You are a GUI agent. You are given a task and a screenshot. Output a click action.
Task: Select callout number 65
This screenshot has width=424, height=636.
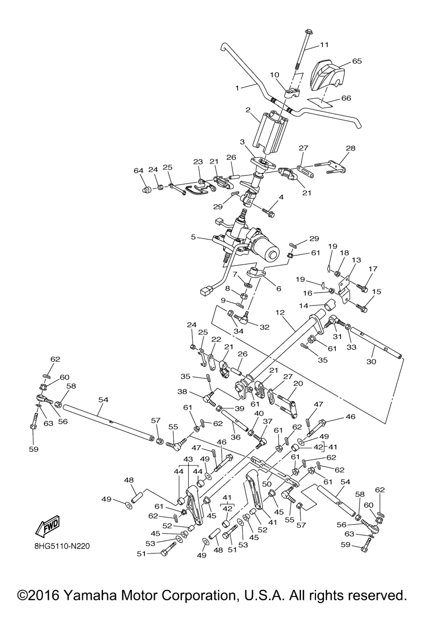coord(357,61)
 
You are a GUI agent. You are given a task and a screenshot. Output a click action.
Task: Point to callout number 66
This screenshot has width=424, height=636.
coord(346,98)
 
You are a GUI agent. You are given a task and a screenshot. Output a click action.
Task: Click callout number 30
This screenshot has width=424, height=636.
coord(371,361)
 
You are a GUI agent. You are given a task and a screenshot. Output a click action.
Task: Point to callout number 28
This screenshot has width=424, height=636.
coord(350,148)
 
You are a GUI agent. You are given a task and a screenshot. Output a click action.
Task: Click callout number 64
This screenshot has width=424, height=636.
coord(138,171)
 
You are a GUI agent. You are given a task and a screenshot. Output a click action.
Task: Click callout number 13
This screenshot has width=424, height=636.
coord(356,260)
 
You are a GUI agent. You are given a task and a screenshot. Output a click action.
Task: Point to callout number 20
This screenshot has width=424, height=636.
coord(298,384)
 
